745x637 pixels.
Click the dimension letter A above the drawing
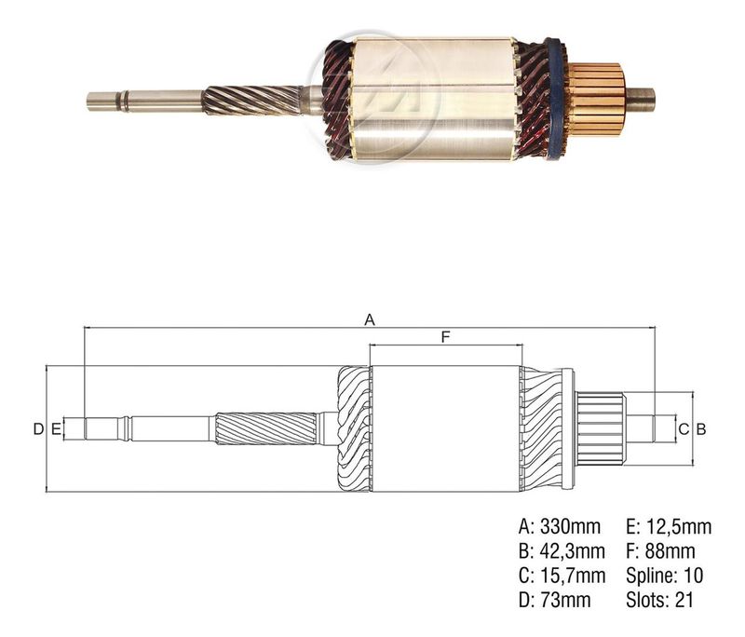point(370,319)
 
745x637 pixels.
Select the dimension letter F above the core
point(445,337)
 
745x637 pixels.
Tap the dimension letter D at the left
point(38,429)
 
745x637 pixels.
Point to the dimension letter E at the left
point(56,429)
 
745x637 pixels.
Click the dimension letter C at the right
point(684,429)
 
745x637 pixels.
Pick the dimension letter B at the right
point(701,429)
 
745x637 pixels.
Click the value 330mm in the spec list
point(571,526)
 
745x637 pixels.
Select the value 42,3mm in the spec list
point(573,551)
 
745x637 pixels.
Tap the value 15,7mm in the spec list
point(573,576)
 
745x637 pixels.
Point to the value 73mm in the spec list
point(565,600)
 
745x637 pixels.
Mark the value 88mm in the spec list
point(670,551)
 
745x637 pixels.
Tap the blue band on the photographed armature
point(555,99)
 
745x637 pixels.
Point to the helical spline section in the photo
point(251,101)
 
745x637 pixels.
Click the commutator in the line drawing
point(601,429)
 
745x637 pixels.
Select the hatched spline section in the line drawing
point(266,428)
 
